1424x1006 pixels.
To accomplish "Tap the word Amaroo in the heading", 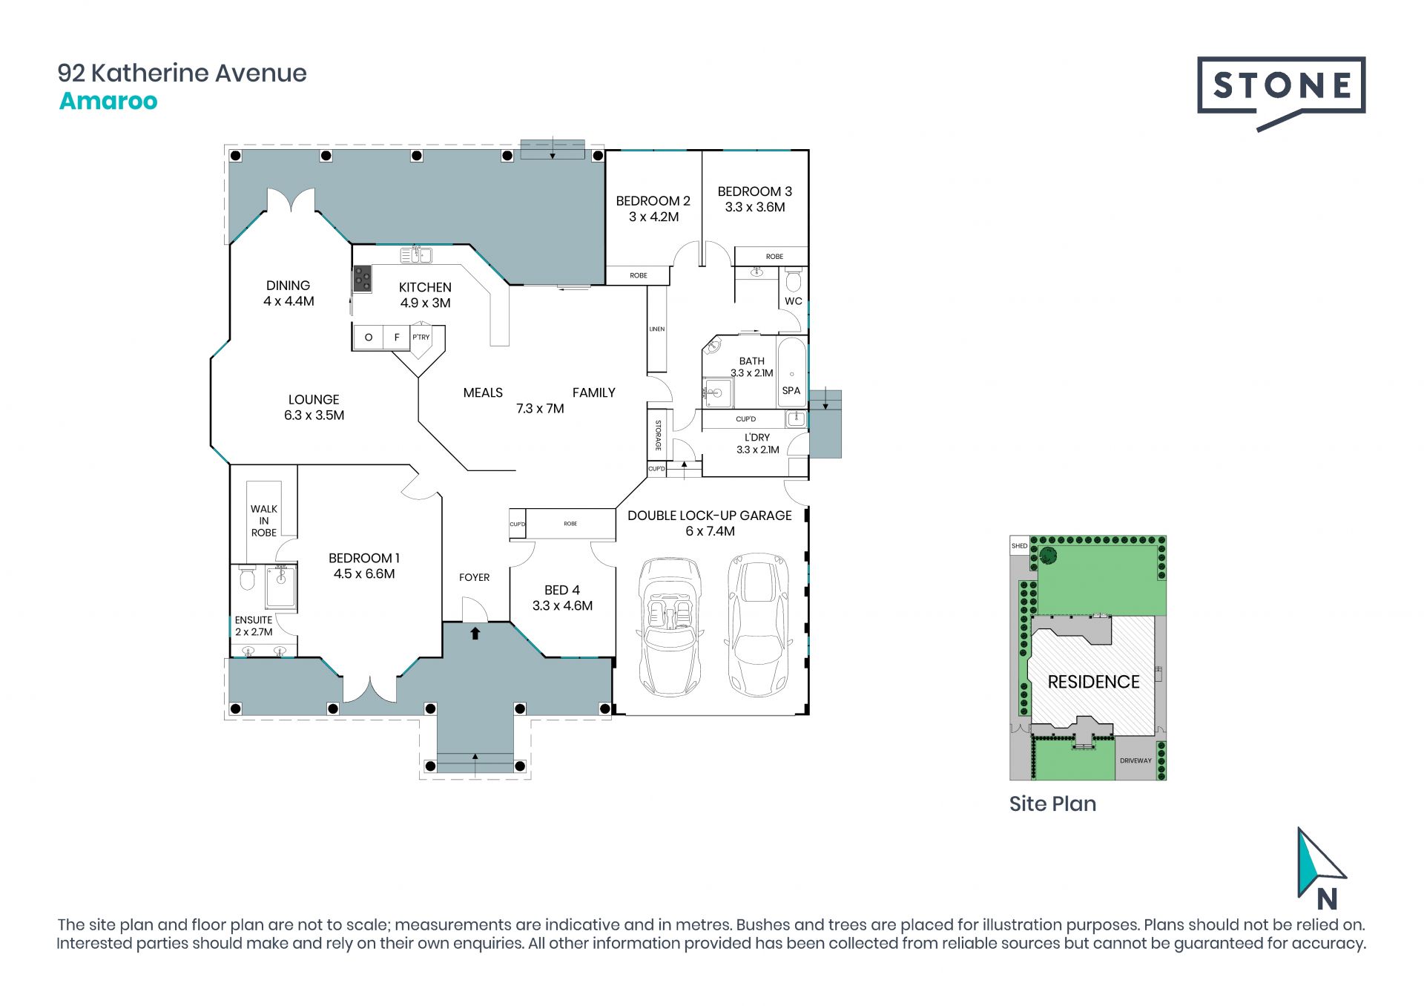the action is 108,101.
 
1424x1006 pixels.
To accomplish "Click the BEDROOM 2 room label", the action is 653,201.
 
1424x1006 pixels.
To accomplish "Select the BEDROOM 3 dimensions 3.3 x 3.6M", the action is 755,208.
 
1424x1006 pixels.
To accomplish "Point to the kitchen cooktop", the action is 362,280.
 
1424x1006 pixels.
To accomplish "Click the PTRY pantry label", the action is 421,337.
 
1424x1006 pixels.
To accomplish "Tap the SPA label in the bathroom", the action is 791,391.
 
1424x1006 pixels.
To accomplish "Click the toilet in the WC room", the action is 794,280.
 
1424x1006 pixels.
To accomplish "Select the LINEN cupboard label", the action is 657,329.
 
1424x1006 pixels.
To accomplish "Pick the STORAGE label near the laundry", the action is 658,435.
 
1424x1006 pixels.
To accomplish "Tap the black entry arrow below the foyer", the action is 475,633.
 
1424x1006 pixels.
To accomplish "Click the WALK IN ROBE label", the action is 264,521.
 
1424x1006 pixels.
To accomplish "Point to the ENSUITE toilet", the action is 248,579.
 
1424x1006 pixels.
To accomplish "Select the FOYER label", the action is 475,577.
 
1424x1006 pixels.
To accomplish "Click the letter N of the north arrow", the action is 1327,899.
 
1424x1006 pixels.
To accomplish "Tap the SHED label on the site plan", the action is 1020,546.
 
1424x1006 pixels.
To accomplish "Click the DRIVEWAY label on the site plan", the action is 1136,760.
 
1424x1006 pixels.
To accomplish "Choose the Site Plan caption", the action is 1052,803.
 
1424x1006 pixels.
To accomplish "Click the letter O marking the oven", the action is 369,338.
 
